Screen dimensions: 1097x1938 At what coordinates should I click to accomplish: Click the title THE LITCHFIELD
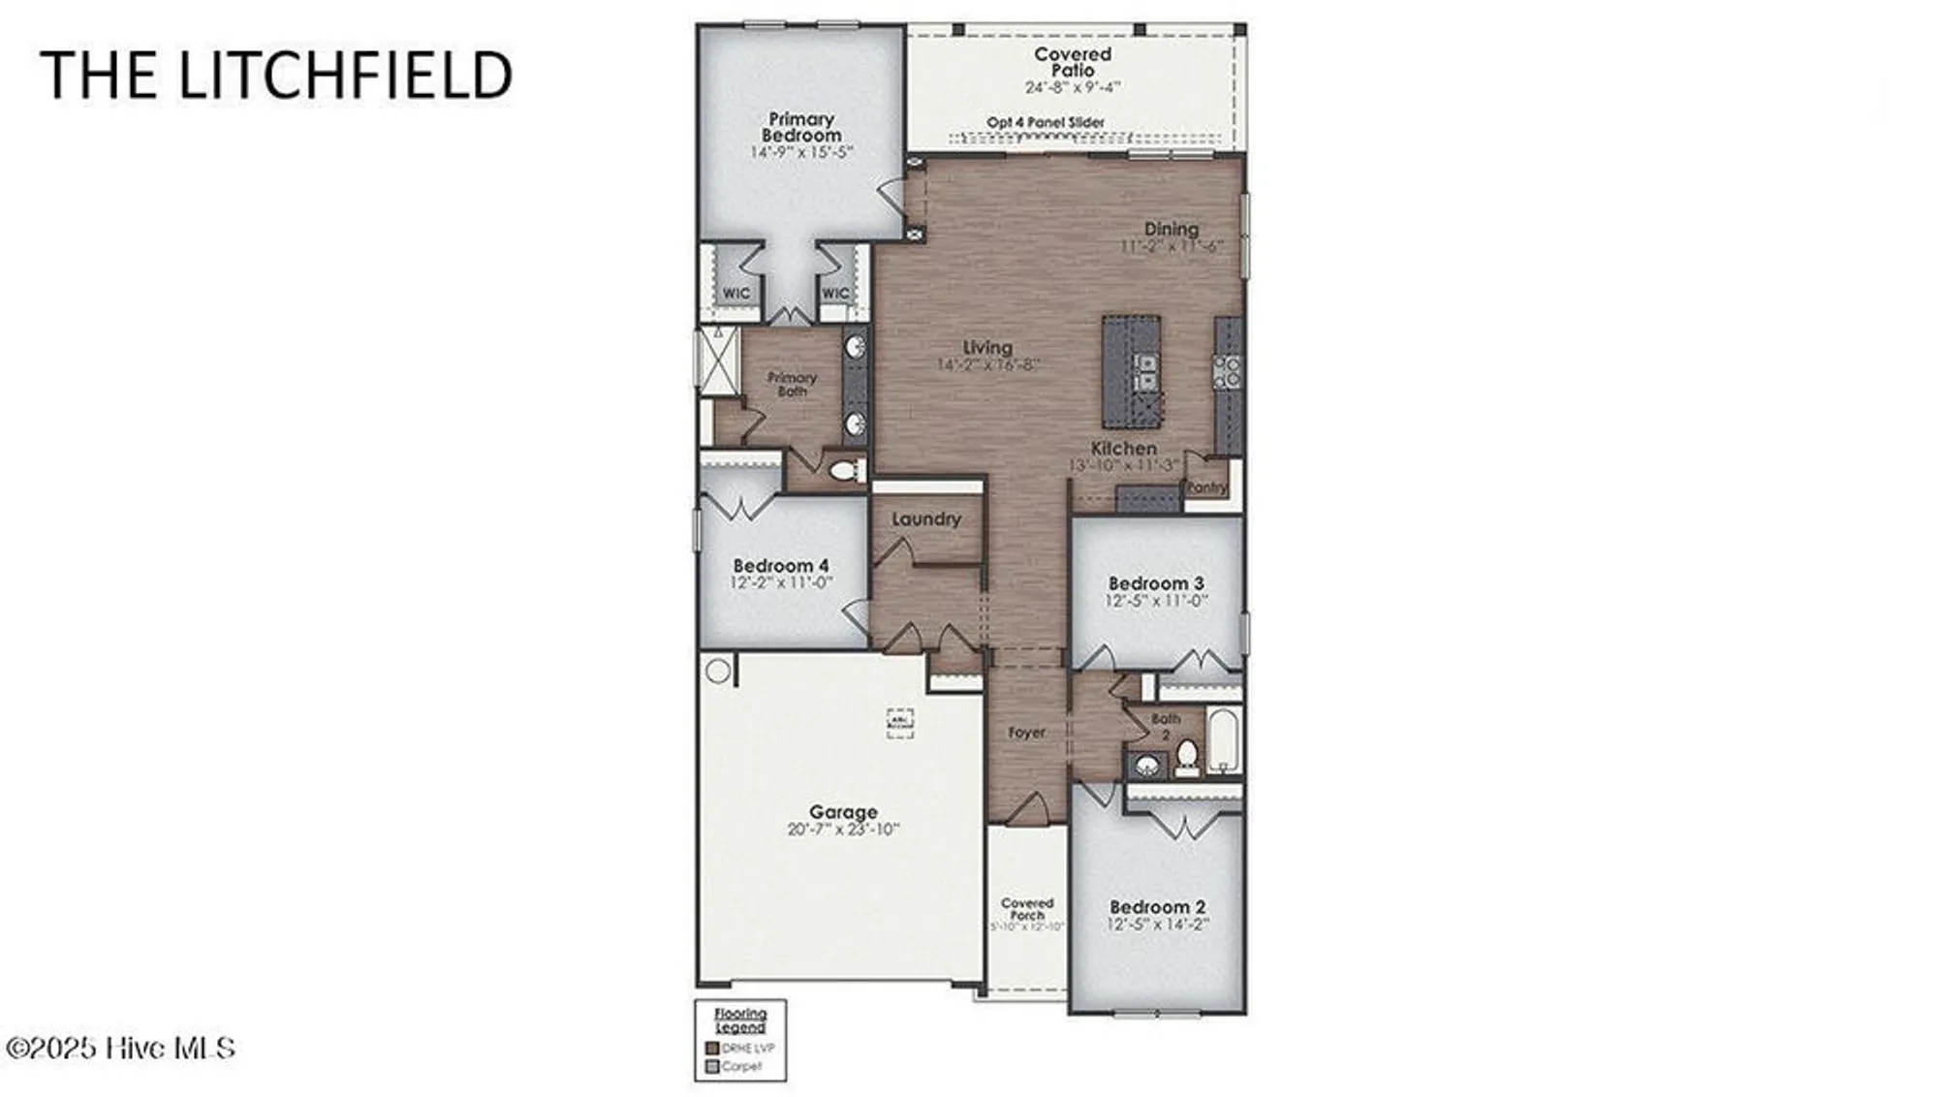(x=276, y=75)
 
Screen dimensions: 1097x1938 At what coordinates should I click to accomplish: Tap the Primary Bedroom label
(x=801, y=128)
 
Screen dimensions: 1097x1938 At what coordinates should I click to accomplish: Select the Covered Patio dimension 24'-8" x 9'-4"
(x=1073, y=87)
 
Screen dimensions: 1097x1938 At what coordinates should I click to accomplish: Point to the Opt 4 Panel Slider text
(x=1046, y=123)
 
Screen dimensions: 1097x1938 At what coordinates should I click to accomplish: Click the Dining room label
(x=1172, y=229)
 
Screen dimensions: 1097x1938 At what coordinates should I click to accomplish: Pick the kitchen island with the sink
(x=1132, y=372)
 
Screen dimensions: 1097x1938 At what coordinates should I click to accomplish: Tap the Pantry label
(x=1206, y=487)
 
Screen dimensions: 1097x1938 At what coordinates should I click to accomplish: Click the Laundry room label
(x=926, y=519)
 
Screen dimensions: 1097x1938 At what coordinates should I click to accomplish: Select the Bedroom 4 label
(x=781, y=565)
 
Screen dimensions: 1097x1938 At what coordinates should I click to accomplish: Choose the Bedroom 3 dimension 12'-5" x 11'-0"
(x=1156, y=601)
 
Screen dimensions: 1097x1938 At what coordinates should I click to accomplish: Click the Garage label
(x=843, y=812)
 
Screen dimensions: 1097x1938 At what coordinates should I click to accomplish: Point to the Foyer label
(x=1026, y=733)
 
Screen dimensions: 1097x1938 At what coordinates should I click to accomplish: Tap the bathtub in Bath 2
(x=1224, y=741)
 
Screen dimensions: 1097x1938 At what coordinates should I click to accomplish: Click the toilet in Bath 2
(x=1187, y=759)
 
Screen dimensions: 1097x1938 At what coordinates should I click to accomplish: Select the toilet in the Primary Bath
(x=846, y=471)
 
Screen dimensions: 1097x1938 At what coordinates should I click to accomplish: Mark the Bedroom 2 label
(x=1158, y=907)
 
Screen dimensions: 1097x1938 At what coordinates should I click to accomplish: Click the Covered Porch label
(x=1027, y=909)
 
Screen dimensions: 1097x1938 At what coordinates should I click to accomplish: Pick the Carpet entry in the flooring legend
(x=741, y=1067)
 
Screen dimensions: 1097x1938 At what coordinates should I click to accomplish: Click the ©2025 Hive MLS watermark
(x=121, y=1048)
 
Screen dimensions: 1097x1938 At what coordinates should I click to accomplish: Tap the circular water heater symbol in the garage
(x=718, y=671)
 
